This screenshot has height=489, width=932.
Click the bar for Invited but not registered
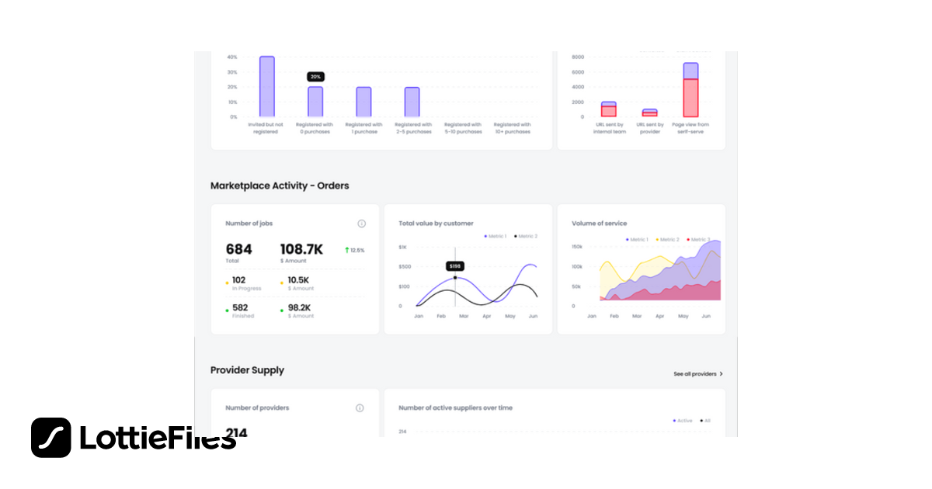tap(266, 86)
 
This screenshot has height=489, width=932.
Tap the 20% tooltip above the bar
tap(315, 77)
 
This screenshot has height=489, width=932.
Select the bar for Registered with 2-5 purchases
tap(412, 102)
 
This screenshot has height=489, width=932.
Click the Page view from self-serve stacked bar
tap(690, 90)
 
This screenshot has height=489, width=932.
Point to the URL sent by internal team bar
tap(608, 109)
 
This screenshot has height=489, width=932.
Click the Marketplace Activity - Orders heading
tap(280, 186)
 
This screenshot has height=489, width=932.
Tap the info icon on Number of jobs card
tap(361, 224)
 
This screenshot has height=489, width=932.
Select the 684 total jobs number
tap(238, 249)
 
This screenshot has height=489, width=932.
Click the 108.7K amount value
tap(301, 249)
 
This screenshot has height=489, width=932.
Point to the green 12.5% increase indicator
tap(354, 250)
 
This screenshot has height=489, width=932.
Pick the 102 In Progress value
tap(238, 280)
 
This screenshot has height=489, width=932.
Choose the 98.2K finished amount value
tap(299, 307)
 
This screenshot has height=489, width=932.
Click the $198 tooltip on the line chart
tap(455, 266)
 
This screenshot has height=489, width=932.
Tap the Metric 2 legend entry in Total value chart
tap(526, 236)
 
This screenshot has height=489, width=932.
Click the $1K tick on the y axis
tap(402, 247)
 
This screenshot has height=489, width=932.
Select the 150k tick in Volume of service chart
tap(577, 247)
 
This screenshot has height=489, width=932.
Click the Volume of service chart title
tap(599, 224)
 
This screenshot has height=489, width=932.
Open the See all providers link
tap(697, 374)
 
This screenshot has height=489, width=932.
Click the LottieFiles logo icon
tap(51, 438)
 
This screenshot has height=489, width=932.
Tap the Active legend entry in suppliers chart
tap(682, 421)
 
